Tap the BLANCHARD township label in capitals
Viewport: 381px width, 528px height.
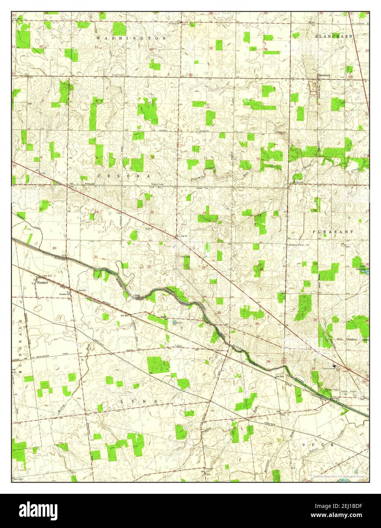[333, 36]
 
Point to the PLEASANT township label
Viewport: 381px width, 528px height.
[333, 231]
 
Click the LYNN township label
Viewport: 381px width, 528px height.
[139, 401]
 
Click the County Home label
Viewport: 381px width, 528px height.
[329, 368]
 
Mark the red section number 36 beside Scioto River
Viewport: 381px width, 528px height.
[269, 361]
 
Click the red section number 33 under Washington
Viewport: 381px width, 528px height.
[96, 47]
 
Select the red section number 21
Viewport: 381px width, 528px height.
[96, 257]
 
